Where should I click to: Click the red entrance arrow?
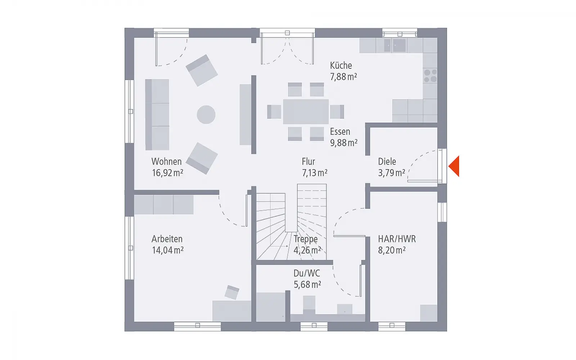tap(454, 166)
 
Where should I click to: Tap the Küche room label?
tap(341, 66)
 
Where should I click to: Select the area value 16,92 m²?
tap(167, 173)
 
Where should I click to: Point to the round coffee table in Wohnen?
tap(206, 115)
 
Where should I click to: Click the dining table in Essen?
tap(306, 112)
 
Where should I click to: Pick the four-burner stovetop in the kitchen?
tap(430, 76)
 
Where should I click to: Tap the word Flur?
tap(308, 162)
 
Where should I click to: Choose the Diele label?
tap(387, 162)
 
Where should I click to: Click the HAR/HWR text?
tap(397, 239)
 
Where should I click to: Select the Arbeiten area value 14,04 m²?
tap(168, 250)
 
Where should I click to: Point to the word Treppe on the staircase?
tap(306, 239)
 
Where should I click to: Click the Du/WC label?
tap(307, 273)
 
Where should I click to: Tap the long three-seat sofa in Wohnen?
tap(157, 115)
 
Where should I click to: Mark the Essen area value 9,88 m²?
tap(343, 143)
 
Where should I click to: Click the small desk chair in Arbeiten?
tap(232, 292)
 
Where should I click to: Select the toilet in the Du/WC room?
tap(309, 305)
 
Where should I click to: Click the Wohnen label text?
tap(166, 162)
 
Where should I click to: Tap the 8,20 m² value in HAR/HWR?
tap(392, 250)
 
